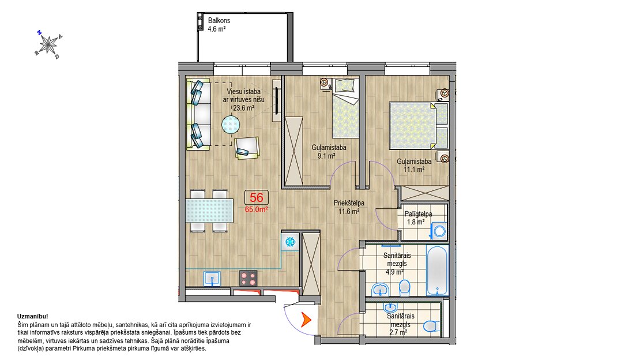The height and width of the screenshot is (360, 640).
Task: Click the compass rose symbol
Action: (x=48, y=44)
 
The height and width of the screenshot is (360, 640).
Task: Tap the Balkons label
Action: (x=219, y=20)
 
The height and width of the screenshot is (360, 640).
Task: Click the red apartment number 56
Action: (x=257, y=198)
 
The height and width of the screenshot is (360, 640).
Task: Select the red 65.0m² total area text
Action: (x=257, y=209)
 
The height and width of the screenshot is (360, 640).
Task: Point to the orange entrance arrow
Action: (x=306, y=320)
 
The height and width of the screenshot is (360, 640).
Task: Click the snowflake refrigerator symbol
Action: (x=290, y=242)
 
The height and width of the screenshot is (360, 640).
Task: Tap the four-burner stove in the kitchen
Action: (x=248, y=278)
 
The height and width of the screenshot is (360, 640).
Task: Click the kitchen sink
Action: (x=212, y=279)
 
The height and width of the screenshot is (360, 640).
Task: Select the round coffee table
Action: (x=231, y=125)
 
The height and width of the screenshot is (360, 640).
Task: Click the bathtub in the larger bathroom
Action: (x=436, y=270)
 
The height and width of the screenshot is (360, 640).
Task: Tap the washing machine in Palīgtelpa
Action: (x=439, y=231)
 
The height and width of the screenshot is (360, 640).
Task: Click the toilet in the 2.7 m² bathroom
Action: (x=431, y=326)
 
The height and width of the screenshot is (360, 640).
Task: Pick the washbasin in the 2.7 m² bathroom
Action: (x=390, y=307)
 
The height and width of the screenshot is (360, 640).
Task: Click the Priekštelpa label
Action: (x=349, y=203)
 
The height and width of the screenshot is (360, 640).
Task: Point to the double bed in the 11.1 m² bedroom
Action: (x=419, y=125)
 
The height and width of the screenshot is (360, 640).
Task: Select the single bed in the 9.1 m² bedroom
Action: (x=345, y=108)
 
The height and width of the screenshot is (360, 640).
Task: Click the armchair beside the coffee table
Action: (x=247, y=148)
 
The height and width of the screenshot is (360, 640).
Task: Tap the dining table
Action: (x=209, y=211)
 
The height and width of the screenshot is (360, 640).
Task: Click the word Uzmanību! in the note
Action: (x=33, y=316)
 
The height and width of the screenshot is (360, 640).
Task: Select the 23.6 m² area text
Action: (x=244, y=108)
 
